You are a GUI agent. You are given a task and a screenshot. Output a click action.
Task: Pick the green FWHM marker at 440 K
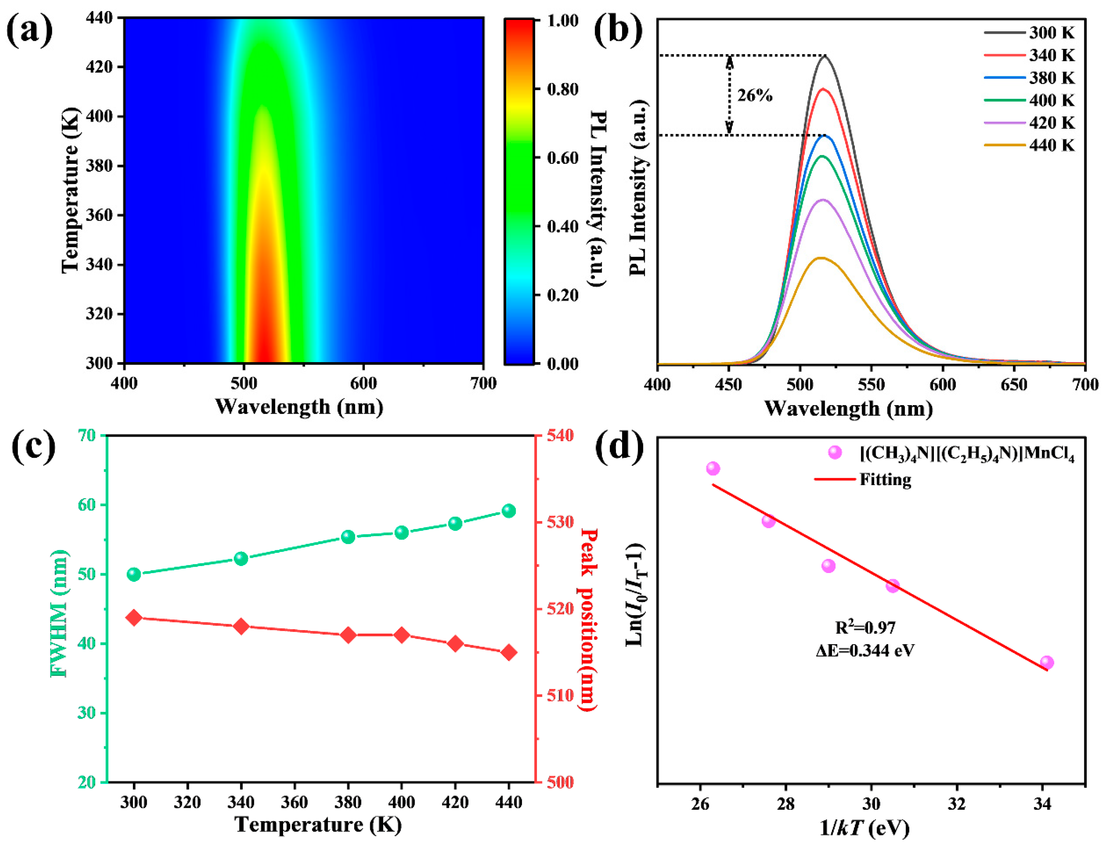[x=508, y=511]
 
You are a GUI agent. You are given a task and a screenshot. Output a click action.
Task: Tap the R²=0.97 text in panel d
[x=865, y=628]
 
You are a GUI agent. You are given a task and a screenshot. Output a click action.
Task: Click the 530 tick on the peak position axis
[x=561, y=522]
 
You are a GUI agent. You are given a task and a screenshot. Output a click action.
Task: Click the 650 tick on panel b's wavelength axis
[x=1014, y=385]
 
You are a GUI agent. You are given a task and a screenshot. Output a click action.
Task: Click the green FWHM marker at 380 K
[x=348, y=536]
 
